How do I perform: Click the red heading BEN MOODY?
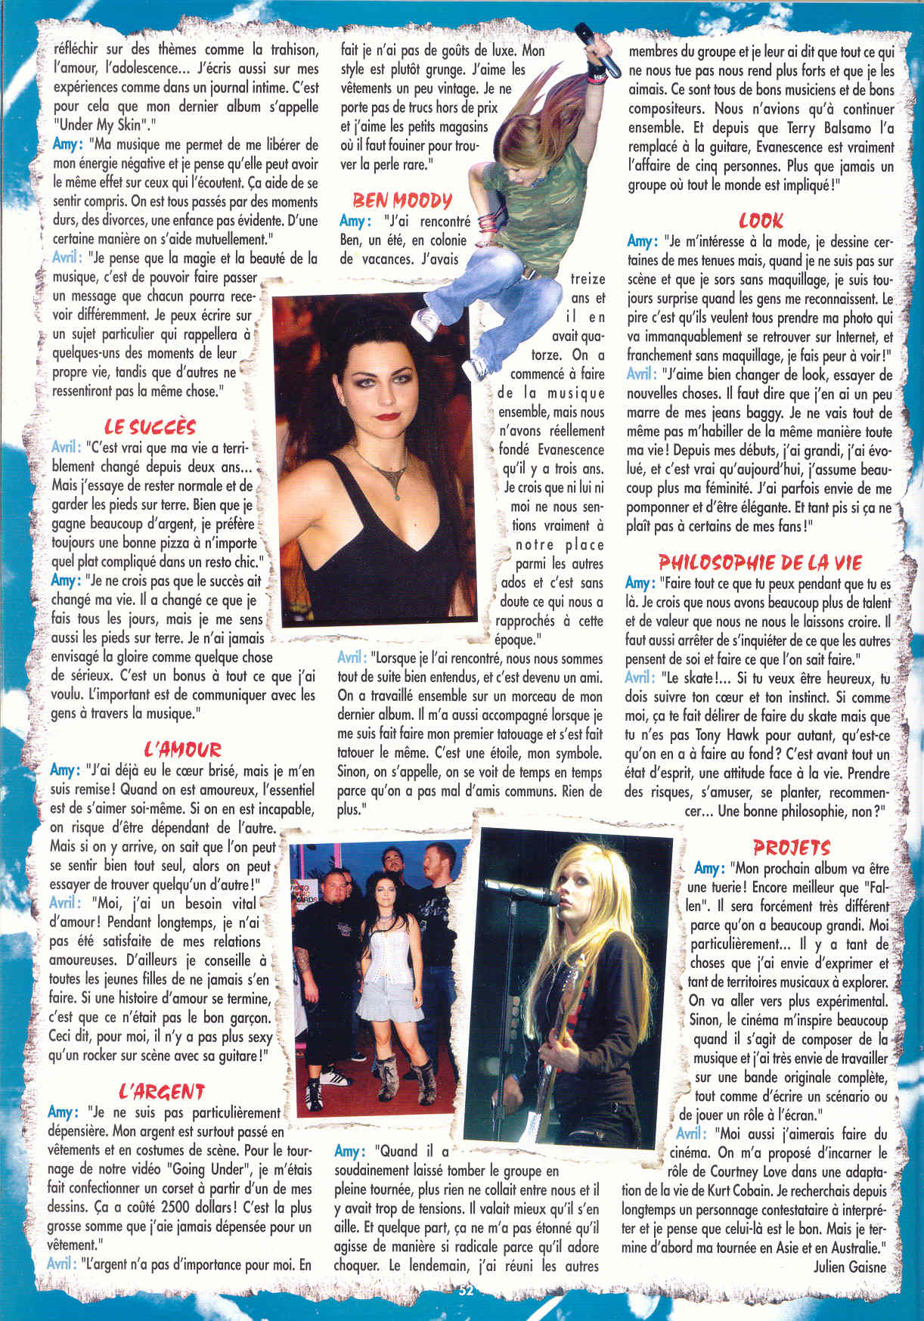[402, 200]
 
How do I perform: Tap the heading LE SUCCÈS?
[150, 426]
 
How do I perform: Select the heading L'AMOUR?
[182, 750]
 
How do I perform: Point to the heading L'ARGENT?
[162, 1091]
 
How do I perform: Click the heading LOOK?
[761, 221]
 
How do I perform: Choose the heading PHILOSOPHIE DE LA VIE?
[760, 563]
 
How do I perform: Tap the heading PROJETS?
[791, 848]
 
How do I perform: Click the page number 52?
[465, 1289]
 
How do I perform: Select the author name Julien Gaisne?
[849, 1267]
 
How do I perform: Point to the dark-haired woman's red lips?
[388, 414]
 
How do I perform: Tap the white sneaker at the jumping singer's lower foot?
[476, 368]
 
